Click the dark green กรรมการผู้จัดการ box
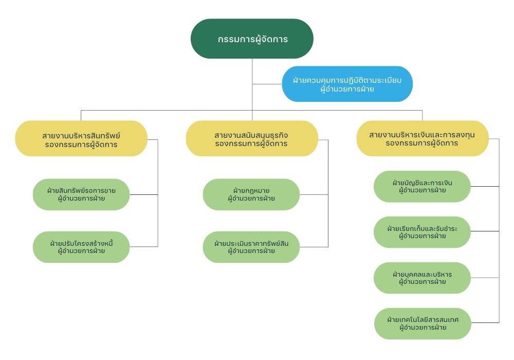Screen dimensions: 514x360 coord(252,39)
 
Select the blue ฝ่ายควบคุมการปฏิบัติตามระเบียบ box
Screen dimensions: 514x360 coord(347,84)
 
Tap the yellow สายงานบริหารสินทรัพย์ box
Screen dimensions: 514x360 coord(81,138)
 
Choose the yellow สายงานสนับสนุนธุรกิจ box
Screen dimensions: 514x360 coord(252,138)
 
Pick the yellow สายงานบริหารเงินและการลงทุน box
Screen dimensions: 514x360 coord(423,138)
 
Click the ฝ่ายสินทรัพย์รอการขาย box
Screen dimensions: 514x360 coord(81,194)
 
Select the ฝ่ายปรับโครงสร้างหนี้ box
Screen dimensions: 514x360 coord(81,247)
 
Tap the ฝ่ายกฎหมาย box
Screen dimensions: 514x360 coord(251,194)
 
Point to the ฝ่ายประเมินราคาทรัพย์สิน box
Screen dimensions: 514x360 coord(251,247)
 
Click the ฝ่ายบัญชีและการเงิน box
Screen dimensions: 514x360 coord(422,186)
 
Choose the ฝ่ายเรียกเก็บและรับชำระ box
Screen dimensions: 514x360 coord(422,232)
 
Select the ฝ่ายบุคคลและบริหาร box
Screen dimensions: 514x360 coord(422,278)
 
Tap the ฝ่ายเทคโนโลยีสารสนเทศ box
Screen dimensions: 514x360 coord(423,323)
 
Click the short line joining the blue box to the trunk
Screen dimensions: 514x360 coord(267,84)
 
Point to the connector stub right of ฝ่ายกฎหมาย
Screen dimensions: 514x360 coord(314,195)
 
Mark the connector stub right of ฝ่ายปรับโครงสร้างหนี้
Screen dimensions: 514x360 coord(143,246)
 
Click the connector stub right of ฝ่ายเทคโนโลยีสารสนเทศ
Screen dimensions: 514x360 coord(485,322)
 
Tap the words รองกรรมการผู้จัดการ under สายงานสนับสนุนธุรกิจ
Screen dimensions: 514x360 coord(251,143)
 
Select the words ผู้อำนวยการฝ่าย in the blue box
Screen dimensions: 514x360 coord(347,89)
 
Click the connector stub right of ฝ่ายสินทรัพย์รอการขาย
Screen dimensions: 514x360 coord(143,195)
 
